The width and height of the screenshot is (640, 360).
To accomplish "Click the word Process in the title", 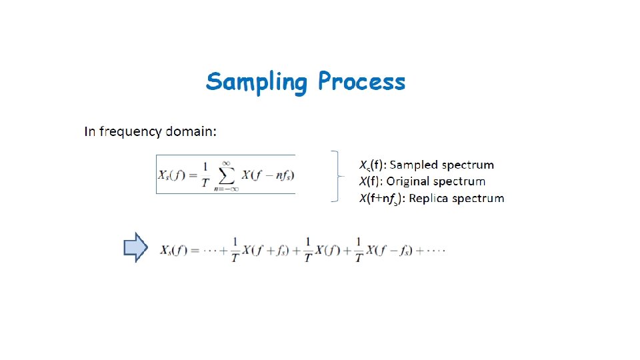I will pos(361,81).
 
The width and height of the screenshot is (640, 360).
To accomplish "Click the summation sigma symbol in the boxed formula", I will pos(226,175).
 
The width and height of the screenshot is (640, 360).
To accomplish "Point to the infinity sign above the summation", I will pos(227,161).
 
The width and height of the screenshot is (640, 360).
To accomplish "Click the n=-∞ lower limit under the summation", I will pos(226,189).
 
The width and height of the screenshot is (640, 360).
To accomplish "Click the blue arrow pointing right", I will pos(135,247).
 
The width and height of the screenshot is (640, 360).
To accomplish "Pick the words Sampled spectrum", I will pos(453,165).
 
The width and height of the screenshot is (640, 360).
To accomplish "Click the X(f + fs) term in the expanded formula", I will pos(270,251).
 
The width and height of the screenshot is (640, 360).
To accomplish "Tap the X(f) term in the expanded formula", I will pos(329,251).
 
